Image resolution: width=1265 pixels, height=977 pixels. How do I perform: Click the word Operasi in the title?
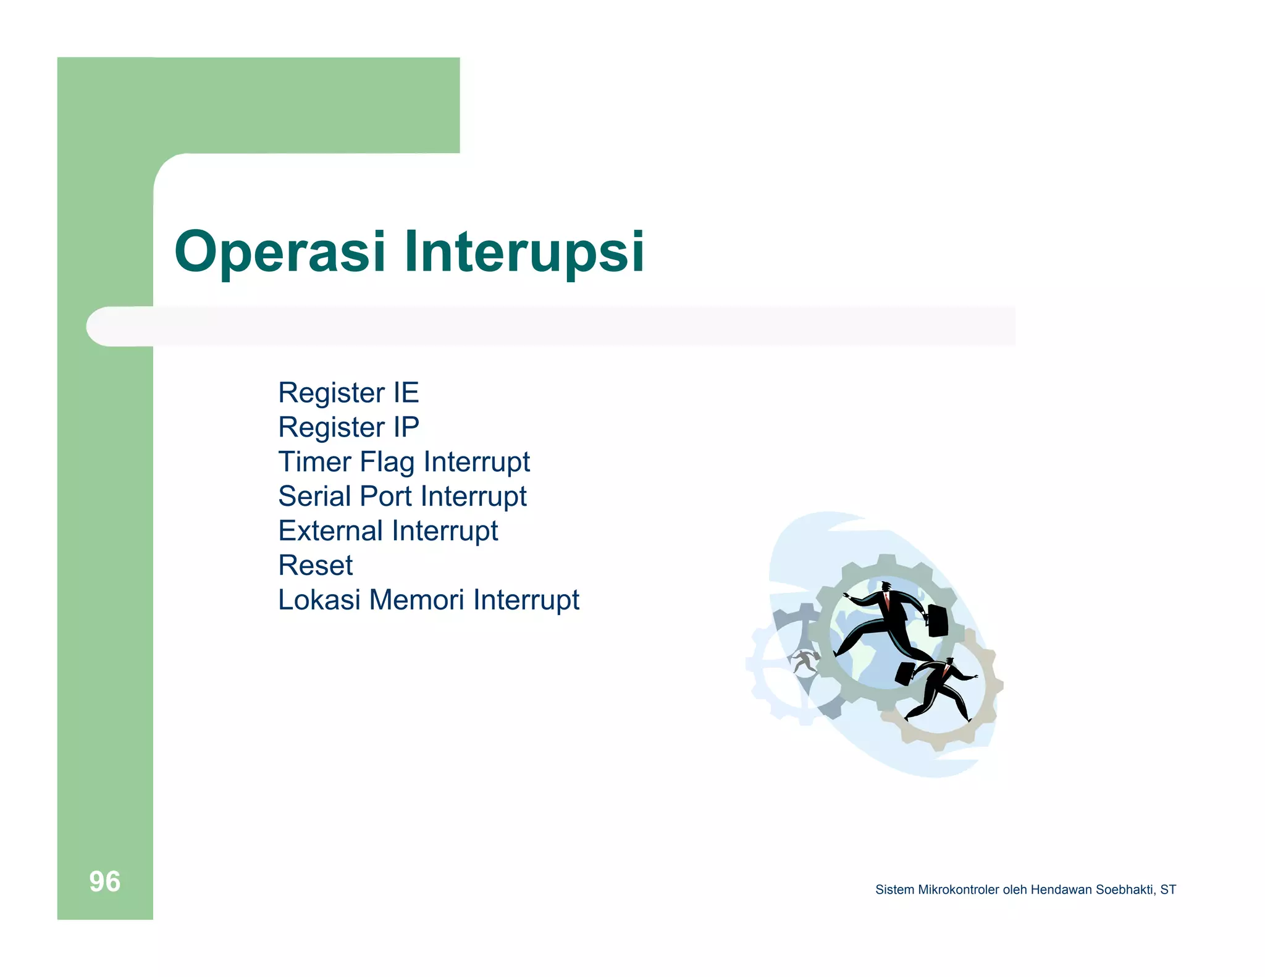tap(280, 252)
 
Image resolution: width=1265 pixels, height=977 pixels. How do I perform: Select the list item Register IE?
tap(348, 393)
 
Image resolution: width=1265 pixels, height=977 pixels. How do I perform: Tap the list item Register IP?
tap(348, 427)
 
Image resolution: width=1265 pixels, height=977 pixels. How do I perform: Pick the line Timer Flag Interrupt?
tap(404, 462)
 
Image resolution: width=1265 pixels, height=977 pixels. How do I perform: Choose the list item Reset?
tap(315, 565)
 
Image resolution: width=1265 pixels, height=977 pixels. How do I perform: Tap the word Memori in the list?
tap(416, 600)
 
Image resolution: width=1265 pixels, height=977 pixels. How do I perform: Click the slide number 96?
tap(104, 881)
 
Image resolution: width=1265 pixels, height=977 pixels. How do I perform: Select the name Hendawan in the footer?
tap(1061, 890)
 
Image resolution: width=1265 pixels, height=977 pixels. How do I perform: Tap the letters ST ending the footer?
tap(1168, 890)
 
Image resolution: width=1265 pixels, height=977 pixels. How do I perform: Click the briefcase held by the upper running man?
tap(938, 621)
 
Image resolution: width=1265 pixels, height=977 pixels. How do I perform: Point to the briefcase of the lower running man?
tap(905, 673)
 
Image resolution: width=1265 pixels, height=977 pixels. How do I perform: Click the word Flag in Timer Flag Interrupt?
tap(387, 462)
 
